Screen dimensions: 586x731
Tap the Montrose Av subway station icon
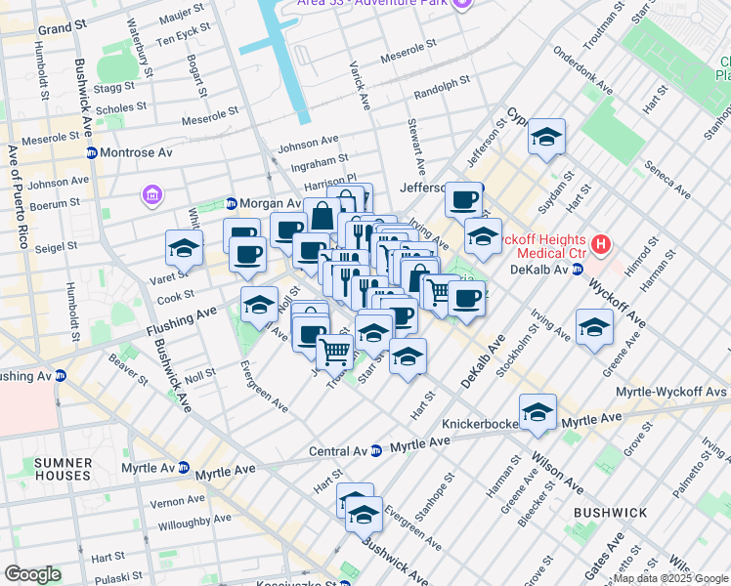(x=92, y=153)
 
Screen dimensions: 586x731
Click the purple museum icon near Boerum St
(x=151, y=197)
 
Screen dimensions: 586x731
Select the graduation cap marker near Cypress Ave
(x=547, y=136)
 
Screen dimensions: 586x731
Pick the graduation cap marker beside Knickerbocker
(x=537, y=412)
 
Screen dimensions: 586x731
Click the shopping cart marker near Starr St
(x=335, y=350)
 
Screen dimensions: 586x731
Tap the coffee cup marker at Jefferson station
(x=464, y=200)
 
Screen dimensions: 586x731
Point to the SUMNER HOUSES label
(x=63, y=469)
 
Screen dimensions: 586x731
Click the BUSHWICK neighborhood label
(x=610, y=513)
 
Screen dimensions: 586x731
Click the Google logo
(x=32, y=574)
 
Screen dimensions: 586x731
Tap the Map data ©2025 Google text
(x=669, y=578)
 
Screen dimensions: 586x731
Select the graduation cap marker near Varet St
(x=183, y=249)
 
